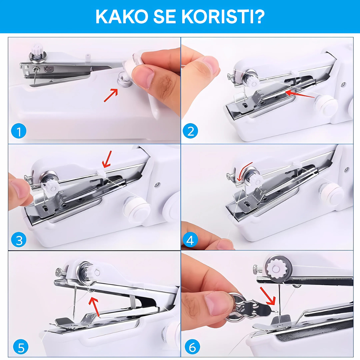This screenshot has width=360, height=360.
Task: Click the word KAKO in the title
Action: tap(122, 17)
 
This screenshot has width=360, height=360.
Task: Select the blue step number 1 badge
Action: tap(19, 131)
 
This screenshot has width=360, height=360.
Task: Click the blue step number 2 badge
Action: tap(190, 131)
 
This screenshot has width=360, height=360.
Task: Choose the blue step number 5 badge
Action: tap(21, 347)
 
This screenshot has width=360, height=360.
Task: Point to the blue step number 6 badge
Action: tap(192, 347)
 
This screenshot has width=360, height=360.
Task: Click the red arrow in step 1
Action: tap(111, 95)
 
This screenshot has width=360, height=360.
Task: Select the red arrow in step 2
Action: tap(300, 94)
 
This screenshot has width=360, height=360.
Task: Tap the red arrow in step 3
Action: tap(107, 159)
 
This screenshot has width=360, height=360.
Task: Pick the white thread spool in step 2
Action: tap(326, 104)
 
